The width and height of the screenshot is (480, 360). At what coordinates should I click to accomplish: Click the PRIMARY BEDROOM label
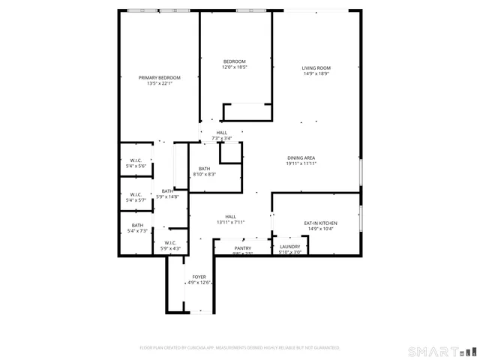(x=160, y=77)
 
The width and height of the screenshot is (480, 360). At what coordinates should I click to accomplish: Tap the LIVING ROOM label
(x=316, y=67)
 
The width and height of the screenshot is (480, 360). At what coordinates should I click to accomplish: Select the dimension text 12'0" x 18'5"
(x=234, y=67)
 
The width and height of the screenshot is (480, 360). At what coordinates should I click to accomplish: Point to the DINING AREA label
(x=301, y=157)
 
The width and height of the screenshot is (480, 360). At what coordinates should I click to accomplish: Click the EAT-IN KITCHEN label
(x=320, y=223)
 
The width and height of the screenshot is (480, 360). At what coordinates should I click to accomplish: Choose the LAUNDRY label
(x=289, y=247)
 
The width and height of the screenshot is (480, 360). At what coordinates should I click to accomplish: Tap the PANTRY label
(x=242, y=247)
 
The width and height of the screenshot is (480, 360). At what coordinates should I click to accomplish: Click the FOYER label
(x=199, y=277)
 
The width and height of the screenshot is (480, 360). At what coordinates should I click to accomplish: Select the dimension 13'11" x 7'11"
(x=231, y=223)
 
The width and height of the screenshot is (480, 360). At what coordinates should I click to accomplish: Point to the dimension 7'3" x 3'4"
(x=221, y=139)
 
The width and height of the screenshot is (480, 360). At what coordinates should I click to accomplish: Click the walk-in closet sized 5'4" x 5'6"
(x=136, y=163)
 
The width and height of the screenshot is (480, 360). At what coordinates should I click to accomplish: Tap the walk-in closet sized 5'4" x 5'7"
(x=136, y=198)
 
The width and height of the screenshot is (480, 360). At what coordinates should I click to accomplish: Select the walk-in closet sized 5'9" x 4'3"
(x=169, y=245)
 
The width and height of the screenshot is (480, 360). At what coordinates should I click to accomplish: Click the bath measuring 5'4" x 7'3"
(x=137, y=228)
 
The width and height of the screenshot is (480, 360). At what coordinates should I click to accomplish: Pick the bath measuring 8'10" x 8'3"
(x=204, y=171)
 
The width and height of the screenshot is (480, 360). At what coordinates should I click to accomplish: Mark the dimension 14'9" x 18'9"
(x=316, y=73)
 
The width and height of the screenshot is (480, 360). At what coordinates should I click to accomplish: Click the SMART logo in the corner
(x=440, y=351)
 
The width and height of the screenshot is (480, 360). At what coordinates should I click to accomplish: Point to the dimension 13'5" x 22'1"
(x=160, y=83)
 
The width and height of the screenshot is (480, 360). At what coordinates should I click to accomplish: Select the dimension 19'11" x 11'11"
(x=301, y=163)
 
